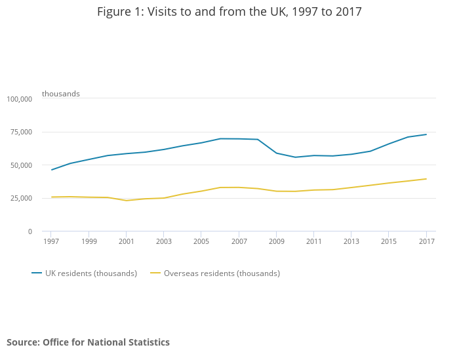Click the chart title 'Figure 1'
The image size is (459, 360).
229,12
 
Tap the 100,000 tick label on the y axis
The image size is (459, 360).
19,99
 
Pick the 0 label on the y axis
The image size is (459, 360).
30,231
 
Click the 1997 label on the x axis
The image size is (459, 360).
51,241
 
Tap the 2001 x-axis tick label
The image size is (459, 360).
127,241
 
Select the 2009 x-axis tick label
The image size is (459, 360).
276,241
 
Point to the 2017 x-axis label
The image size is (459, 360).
426,241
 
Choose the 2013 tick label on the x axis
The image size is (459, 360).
351,241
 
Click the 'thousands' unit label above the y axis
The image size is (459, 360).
61,94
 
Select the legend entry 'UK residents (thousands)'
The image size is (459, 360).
91,273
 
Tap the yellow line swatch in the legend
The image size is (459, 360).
155,273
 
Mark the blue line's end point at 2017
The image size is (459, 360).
426,134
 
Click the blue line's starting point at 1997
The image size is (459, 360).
51,170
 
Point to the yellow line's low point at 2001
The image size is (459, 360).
127,201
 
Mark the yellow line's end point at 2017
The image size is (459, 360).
426,179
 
